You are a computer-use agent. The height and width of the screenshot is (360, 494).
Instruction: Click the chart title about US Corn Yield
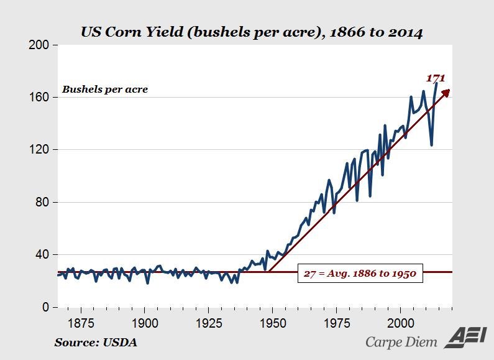[252, 33]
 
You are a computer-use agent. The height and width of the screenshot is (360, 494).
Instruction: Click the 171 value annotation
[435, 78]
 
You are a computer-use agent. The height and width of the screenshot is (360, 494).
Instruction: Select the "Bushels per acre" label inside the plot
[105, 90]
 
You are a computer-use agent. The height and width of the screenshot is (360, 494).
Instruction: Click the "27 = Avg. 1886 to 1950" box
[359, 272]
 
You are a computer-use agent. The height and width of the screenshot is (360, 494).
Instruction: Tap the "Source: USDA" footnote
[96, 342]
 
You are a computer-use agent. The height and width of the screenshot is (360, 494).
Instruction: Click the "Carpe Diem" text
[401, 341]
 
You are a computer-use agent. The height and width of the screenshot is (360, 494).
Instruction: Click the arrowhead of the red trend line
[446, 92]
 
